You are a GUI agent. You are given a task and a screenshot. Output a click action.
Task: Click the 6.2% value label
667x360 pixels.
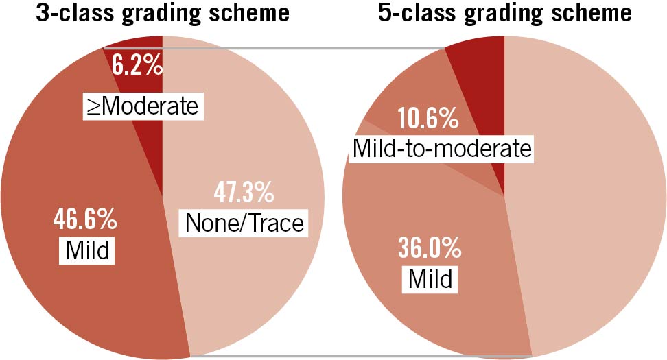click(x=139, y=67)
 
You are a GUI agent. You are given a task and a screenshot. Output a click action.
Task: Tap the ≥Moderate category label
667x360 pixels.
click(x=141, y=106)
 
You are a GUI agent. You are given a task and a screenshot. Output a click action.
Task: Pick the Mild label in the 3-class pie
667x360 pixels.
click(x=88, y=251)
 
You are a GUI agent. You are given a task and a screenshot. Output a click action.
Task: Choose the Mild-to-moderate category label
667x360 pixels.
click(x=442, y=147)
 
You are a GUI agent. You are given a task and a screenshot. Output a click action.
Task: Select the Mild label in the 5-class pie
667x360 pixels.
click(x=430, y=278)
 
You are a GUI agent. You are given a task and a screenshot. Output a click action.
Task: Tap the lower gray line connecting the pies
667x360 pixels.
click(x=357, y=356)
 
